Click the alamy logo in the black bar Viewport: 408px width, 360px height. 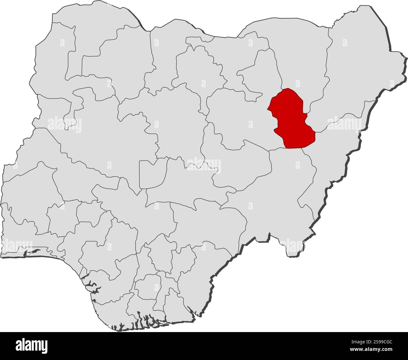pos(32,345)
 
